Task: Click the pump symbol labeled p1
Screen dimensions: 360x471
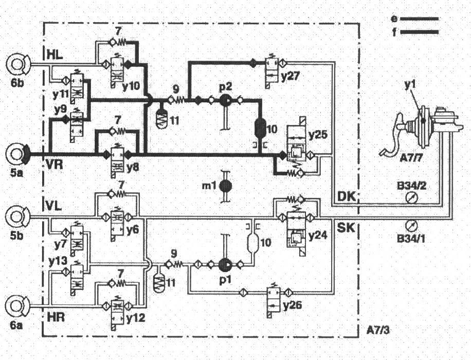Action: click(x=225, y=265)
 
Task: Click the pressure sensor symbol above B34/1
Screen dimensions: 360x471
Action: click(x=410, y=225)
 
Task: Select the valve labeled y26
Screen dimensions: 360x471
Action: click(x=273, y=297)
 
